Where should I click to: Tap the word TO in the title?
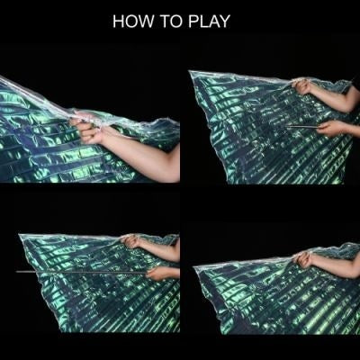170,22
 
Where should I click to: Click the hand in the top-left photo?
90,132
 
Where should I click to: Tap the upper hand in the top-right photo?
302,87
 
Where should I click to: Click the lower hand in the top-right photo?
329,129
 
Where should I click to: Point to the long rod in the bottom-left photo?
81,270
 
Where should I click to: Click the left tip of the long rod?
18,270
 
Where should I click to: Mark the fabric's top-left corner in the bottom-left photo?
20,236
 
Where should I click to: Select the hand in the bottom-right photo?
307,260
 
